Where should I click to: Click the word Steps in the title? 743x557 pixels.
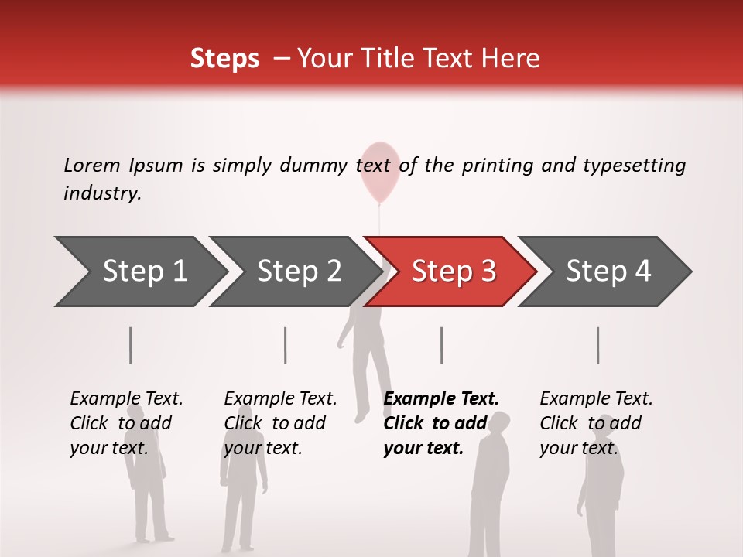tap(224, 59)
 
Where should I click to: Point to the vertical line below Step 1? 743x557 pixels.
tap(131, 345)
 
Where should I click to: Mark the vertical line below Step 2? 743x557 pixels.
tap(286, 345)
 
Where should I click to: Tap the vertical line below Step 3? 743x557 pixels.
tap(442, 345)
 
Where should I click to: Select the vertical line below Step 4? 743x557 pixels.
tap(598, 345)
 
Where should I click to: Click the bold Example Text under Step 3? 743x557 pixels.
tap(441, 398)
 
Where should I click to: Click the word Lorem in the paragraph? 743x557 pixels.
tap(92, 165)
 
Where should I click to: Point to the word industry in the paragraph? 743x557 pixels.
tap(101, 193)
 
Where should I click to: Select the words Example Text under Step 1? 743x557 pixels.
tap(126, 398)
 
